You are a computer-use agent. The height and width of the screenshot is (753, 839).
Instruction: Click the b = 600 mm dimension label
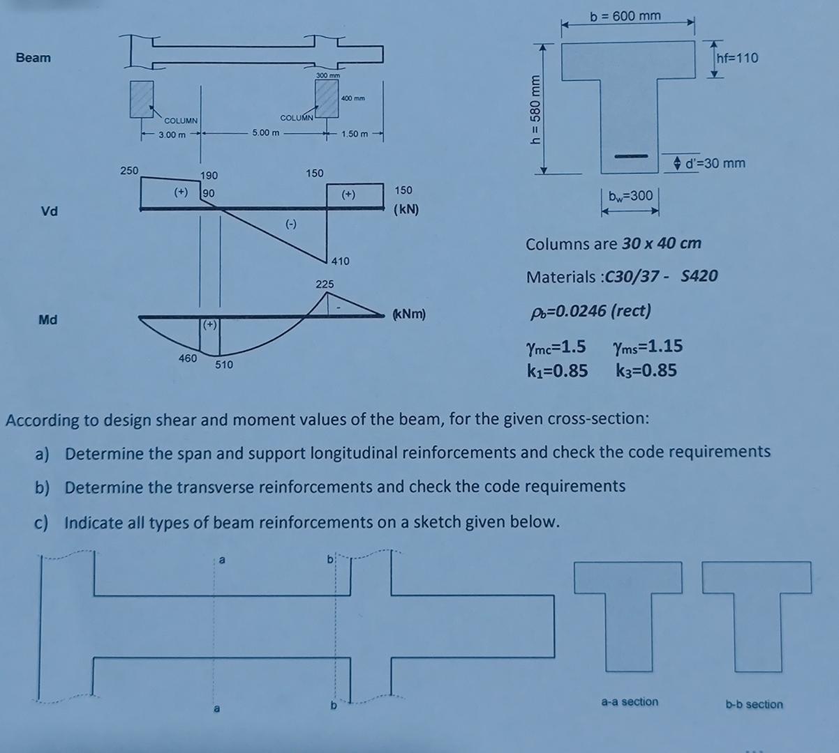point(625,15)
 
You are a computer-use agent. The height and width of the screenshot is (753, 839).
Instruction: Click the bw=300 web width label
point(630,196)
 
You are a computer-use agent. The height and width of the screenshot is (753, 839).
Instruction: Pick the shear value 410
point(341,261)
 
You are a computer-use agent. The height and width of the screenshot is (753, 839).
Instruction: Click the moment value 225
point(325,284)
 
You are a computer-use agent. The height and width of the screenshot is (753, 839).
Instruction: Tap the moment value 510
point(224,364)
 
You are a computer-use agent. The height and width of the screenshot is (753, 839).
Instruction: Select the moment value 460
point(187,358)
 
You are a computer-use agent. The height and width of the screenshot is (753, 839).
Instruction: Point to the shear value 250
point(129,169)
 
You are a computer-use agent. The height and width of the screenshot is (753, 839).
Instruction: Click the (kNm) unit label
point(409,314)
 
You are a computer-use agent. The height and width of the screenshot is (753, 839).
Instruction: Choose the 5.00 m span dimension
point(265,132)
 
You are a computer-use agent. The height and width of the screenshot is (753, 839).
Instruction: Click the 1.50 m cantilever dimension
point(355,133)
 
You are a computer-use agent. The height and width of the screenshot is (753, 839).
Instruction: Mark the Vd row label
point(49,211)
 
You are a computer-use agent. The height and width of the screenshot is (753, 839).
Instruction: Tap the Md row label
point(48,320)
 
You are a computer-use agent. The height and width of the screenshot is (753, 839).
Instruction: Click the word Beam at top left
point(34,57)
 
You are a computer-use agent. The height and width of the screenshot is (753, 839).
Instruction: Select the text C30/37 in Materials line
point(634,277)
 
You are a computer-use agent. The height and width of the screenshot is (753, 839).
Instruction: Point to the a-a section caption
point(630,701)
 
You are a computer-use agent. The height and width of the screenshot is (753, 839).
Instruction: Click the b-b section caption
point(754,704)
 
